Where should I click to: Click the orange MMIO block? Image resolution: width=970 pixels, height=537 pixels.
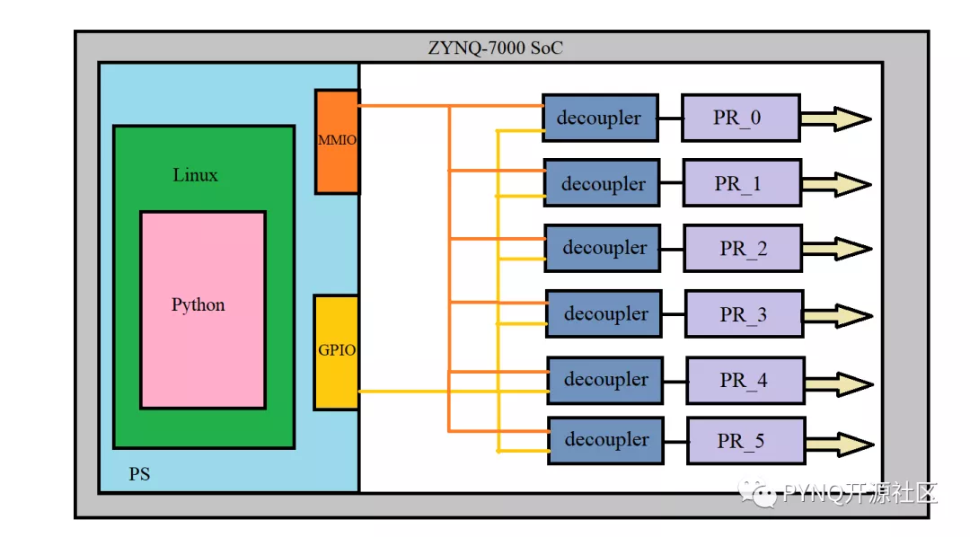click(337, 141)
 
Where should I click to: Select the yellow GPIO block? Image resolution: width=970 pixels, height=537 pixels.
click(336, 352)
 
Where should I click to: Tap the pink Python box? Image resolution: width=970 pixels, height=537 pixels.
click(203, 310)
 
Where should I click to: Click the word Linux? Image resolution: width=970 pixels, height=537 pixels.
click(195, 175)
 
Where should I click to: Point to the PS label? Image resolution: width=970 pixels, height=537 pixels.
click(139, 474)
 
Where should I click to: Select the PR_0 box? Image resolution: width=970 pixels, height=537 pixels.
click(740, 118)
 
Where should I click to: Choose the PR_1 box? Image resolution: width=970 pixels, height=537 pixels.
click(742, 184)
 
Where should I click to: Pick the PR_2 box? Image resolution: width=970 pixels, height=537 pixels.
click(743, 249)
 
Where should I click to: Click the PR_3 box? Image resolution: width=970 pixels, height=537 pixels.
click(744, 314)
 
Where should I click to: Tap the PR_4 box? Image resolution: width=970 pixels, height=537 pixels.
click(745, 380)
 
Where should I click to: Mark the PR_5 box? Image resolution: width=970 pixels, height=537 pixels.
click(745, 441)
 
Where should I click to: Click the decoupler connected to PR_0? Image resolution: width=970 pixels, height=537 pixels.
click(599, 118)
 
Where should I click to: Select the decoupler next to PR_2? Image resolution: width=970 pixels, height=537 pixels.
click(603, 248)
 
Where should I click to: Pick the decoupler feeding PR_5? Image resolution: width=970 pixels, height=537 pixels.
click(606, 440)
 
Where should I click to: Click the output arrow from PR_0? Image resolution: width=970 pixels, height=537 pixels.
click(835, 119)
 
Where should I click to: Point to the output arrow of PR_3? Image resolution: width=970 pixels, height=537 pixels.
click(837, 315)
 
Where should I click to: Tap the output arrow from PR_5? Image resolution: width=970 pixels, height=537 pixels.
click(838, 444)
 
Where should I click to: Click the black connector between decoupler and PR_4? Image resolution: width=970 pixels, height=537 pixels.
click(675, 381)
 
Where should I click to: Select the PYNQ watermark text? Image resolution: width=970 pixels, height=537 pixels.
click(849, 493)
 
